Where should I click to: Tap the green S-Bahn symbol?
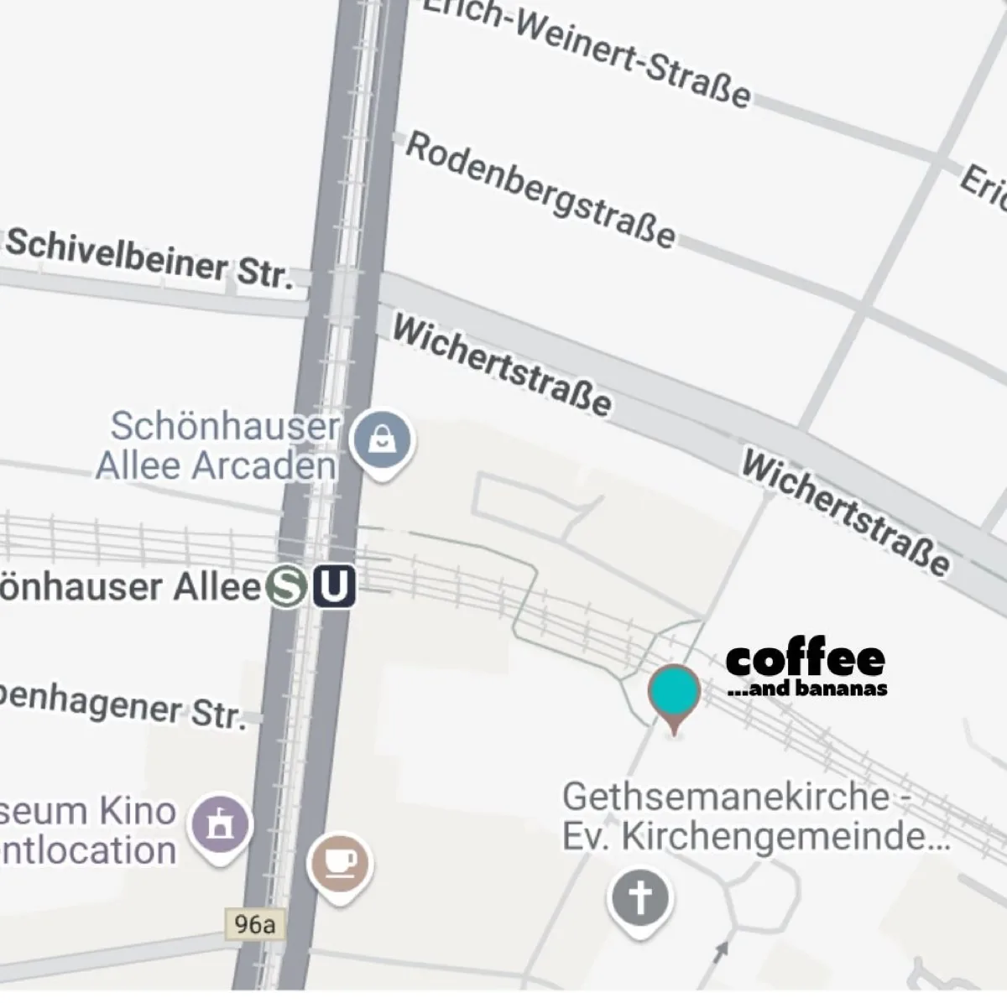point(287,586)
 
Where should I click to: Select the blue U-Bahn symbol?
point(334,586)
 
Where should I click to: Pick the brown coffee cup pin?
point(340,863)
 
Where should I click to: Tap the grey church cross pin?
point(640,898)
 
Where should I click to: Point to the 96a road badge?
point(255,925)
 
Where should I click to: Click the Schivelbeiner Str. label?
point(149,257)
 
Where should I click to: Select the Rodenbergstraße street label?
point(540,190)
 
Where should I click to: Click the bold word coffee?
point(805,660)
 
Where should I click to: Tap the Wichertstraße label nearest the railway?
point(501,366)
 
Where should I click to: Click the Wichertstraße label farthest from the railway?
point(846,512)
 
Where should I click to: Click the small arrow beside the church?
point(720,951)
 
